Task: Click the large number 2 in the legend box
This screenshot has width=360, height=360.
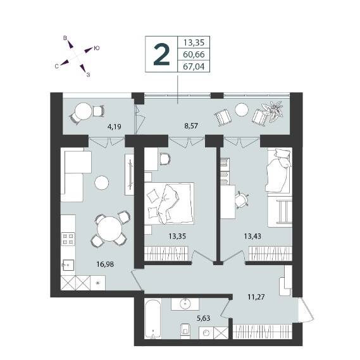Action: click(x=161, y=54)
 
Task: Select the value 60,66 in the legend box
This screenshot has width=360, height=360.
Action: click(x=194, y=54)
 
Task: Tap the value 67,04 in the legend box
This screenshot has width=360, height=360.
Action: click(x=194, y=66)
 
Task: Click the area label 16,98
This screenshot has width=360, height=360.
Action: click(x=105, y=264)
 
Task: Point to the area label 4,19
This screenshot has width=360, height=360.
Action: click(x=114, y=127)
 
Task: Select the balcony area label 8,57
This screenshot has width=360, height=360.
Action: click(x=191, y=126)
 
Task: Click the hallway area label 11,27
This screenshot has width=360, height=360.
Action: click(x=256, y=297)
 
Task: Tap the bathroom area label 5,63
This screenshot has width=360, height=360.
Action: click(x=204, y=318)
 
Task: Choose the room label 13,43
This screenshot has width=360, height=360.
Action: click(x=252, y=236)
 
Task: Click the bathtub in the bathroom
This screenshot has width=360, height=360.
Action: click(x=153, y=318)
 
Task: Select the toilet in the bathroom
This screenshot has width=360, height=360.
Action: click(x=185, y=330)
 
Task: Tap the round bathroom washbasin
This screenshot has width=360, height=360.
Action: click(x=185, y=304)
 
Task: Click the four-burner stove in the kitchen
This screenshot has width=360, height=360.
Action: click(x=68, y=239)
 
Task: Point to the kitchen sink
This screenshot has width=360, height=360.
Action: click(x=68, y=266)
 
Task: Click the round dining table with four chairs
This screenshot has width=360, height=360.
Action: click(x=109, y=229)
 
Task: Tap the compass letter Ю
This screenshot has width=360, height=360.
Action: click(x=97, y=48)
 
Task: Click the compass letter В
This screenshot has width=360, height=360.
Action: click(x=65, y=38)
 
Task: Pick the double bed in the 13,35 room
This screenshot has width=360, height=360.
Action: click(x=169, y=203)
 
